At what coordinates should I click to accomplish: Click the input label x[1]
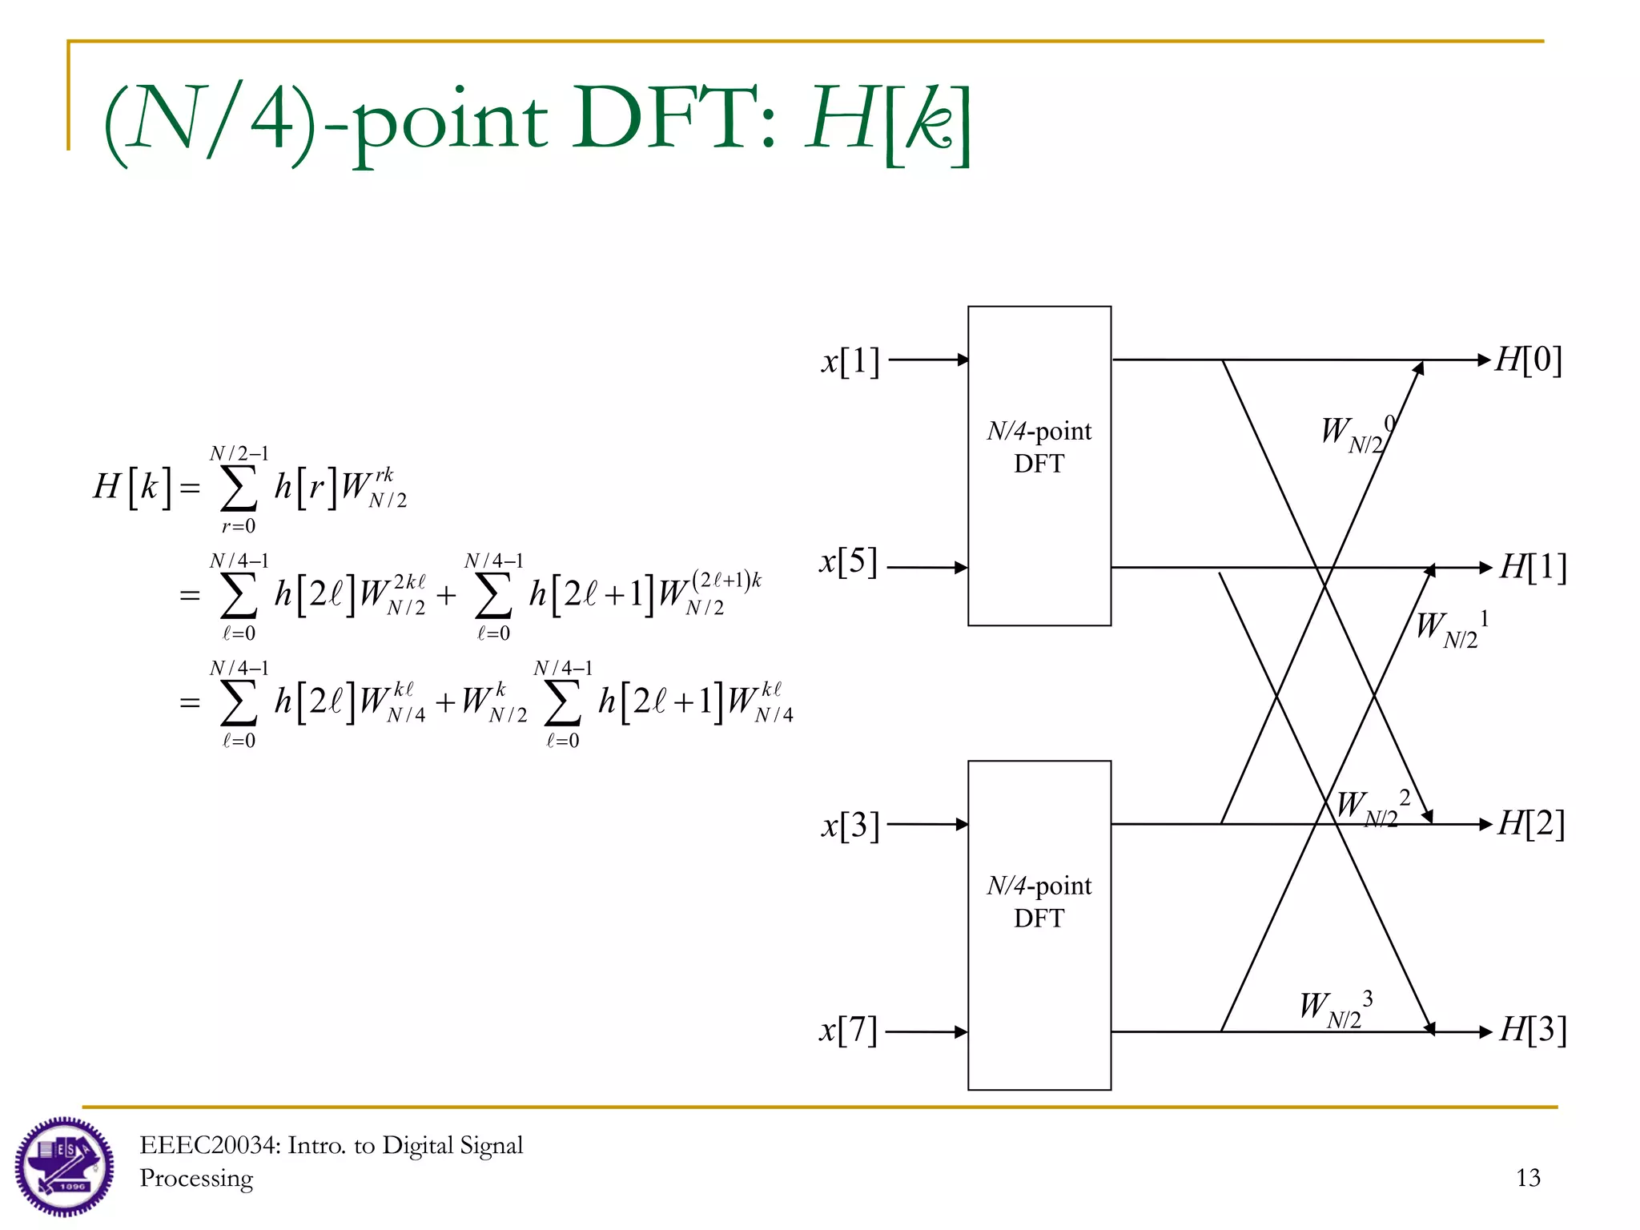(850, 361)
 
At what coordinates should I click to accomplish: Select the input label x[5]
(849, 562)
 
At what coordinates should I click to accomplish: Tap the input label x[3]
(850, 825)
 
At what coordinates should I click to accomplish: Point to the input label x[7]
(848, 1031)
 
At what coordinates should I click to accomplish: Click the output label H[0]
(1529, 360)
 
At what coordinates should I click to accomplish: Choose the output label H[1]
(1533, 567)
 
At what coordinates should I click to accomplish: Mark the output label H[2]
(1531, 823)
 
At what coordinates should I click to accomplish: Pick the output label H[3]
(1533, 1031)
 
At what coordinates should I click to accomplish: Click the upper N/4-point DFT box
(1039, 465)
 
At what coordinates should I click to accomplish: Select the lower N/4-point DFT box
(1039, 924)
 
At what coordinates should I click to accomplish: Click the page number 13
(1528, 1177)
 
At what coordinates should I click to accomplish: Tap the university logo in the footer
(64, 1166)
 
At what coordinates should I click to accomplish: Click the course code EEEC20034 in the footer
(209, 1145)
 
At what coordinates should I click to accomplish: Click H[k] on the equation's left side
(133, 486)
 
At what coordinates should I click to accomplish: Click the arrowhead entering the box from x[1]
(963, 360)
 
